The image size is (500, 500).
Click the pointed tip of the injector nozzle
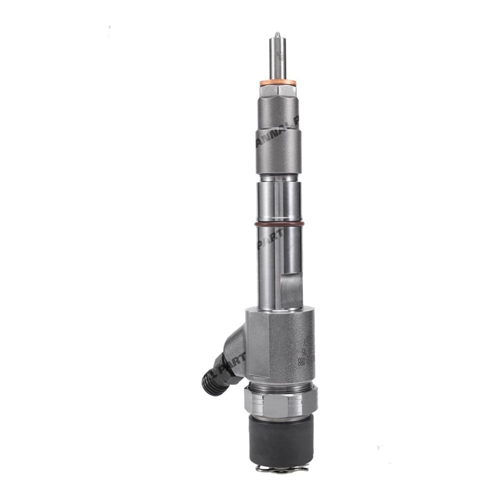pos(276,34)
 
